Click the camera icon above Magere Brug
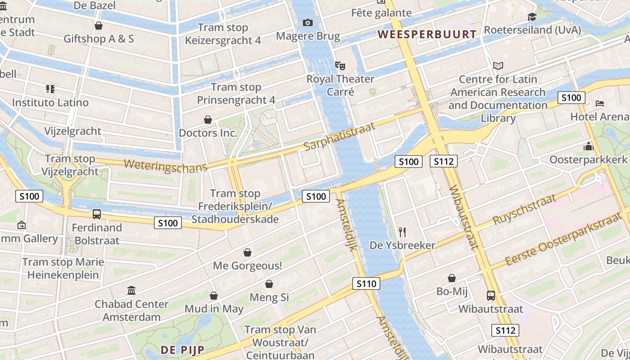(308, 22)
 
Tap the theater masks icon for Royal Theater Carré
(340, 66)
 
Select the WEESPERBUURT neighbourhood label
(427, 34)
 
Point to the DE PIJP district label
(182, 350)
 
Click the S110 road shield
(366, 283)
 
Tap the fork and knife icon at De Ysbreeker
(402, 232)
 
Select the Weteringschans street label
(165, 165)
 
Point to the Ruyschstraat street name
(525, 210)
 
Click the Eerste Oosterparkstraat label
(563, 240)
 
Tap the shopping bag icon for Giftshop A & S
(99, 26)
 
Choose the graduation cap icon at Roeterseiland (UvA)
(532, 17)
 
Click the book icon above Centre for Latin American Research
(498, 66)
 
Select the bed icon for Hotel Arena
(599, 103)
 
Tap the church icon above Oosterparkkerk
(588, 146)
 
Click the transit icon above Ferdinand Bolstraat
(97, 214)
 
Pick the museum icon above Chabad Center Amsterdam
(131, 290)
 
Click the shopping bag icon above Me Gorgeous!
(247, 252)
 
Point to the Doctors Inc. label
(208, 133)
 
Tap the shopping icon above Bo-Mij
(452, 278)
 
